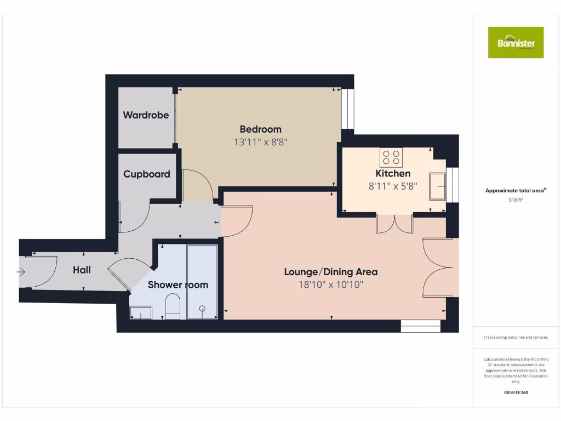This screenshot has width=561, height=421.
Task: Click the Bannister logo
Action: tap(516, 42)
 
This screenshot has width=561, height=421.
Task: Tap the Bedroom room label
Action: tap(261, 129)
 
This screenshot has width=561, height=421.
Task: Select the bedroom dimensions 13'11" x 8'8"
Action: tap(261, 142)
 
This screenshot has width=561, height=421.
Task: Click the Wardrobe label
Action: tap(146, 115)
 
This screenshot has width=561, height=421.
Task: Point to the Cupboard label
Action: tap(146, 174)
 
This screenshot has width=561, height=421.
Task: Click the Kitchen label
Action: tap(393, 173)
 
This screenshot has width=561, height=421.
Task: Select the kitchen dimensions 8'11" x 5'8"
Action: tap(393, 186)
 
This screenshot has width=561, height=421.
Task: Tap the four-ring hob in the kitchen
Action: tap(391, 157)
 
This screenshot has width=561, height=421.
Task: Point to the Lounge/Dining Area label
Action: tap(330, 272)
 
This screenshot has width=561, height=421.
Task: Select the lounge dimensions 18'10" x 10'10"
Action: tap(330, 285)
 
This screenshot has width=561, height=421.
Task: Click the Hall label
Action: tap(82, 270)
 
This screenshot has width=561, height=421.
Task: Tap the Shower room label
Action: tap(178, 285)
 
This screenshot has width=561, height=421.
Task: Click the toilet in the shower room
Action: tap(173, 306)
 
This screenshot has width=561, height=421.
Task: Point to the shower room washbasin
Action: tap(141, 312)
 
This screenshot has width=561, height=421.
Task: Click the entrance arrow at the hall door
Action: tap(22, 271)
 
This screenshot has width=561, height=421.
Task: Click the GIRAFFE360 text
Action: tap(516, 392)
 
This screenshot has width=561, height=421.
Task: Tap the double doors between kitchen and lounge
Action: tap(394, 223)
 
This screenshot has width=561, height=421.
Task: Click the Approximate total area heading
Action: tap(515, 191)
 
